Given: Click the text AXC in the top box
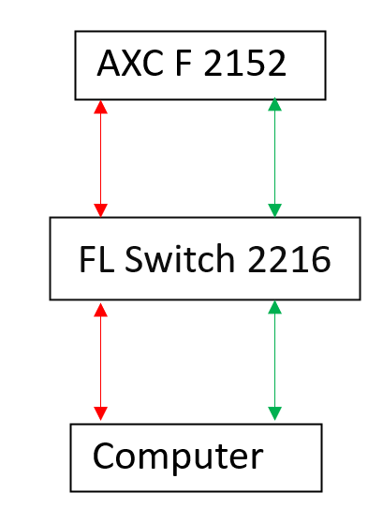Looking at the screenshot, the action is point(130,63).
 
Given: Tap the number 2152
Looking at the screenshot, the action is point(244,63).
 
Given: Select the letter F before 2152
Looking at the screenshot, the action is point(184,63).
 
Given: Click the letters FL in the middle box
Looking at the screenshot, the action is point(96,259).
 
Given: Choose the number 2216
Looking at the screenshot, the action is point(289,259).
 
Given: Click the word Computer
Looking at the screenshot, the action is point(178,456).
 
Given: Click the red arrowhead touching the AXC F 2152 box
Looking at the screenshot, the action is point(100,108).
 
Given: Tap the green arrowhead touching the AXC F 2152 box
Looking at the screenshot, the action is point(274,104).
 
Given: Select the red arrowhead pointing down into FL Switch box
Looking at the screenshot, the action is point(100,210).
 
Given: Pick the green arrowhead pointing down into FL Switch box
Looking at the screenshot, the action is point(274,210).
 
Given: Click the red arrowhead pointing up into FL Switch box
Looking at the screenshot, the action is point(100,310).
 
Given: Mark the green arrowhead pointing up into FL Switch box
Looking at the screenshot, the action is point(274,307).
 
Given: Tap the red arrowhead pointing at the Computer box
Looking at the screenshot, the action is point(100,413).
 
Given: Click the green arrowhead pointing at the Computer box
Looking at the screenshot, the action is point(274,413).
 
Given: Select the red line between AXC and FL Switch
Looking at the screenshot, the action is point(100,159).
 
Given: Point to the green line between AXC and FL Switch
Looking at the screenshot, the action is point(274,157).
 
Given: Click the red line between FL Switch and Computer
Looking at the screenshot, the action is point(100,361).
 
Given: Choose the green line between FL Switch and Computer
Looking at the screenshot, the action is point(274,360).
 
